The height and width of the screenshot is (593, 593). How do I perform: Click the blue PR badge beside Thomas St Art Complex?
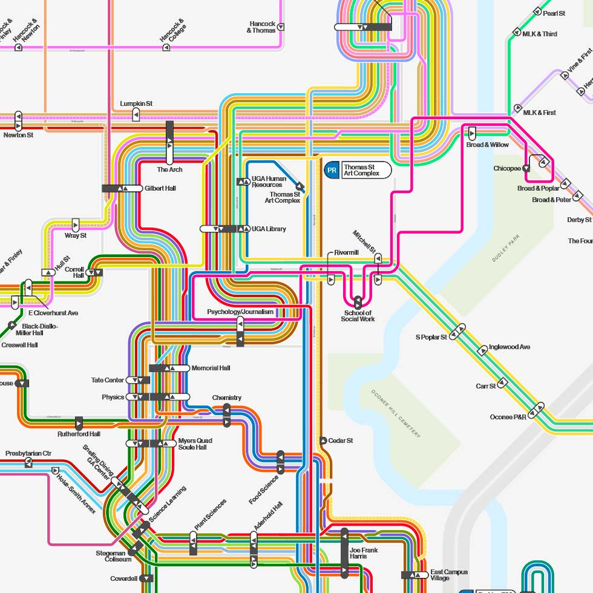pos(332,170)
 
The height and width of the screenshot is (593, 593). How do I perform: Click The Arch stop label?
pos(169,169)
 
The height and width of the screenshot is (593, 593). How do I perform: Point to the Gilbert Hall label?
pos(160,188)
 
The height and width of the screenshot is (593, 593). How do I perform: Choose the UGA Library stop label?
pos(269,229)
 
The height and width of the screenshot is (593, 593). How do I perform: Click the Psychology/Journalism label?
pos(240,312)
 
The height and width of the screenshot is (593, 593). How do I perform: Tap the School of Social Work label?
pos(358,316)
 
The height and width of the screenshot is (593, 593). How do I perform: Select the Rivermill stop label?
pos(346,253)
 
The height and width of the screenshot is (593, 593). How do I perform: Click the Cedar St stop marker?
pos(323,441)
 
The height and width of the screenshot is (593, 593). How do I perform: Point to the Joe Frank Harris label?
pos(363,552)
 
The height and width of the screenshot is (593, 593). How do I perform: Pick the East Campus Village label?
pos(448,575)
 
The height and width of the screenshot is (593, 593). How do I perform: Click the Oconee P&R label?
pos(508,417)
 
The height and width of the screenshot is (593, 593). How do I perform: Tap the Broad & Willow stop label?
pos(487,145)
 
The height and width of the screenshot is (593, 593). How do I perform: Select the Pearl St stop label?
pos(554,13)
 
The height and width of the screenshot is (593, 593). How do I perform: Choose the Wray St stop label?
pos(76,235)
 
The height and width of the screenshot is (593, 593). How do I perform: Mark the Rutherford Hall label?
pos(79,434)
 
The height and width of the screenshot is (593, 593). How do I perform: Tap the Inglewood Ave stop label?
pos(509,347)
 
